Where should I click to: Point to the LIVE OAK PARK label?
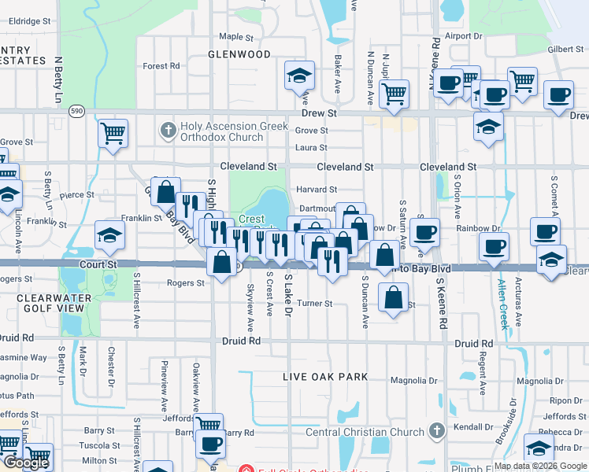click(326, 378)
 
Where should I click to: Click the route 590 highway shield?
click(76, 112)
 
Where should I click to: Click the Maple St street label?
click(236, 37)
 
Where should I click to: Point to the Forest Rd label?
click(162, 66)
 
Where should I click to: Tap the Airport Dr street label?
click(463, 36)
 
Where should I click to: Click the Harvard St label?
click(317, 190)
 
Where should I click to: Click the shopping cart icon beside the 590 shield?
click(113, 133)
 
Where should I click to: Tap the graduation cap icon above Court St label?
click(109, 234)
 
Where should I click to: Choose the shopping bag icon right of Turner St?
click(393, 298)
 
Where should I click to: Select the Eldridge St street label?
click(24, 21)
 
